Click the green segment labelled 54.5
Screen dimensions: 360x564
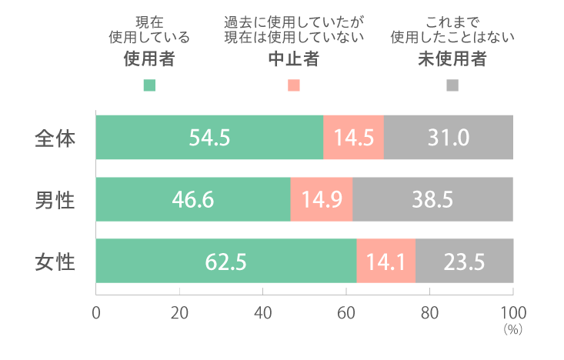coord(209,138)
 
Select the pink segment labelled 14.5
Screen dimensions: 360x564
coord(354,138)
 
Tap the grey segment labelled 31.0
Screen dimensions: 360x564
coord(449,138)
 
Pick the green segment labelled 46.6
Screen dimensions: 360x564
coord(193,200)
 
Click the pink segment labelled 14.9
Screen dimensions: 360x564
coord(322,200)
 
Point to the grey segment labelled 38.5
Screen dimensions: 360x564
coord(432,200)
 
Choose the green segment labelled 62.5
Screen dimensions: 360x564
coord(226,262)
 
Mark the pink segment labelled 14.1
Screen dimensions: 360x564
coord(386,262)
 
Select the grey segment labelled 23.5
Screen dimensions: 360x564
coord(464,262)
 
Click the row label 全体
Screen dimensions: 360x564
coord(55,138)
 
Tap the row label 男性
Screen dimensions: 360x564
coord(55,200)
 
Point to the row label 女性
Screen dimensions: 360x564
coord(55,262)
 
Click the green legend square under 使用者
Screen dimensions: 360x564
coord(149,85)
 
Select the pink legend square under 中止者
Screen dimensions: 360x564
coord(293,85)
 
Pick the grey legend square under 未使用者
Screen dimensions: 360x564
coord(452,85)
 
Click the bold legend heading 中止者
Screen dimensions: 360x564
coord(293,60)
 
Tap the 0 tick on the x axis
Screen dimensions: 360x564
coord(96,313)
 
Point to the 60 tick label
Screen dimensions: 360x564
coord(346,313)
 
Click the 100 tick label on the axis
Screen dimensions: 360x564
coord(512,313)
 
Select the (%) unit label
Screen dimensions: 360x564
coord(512,329)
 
